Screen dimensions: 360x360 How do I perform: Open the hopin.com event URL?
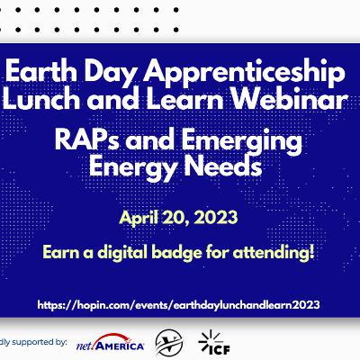pos(179,305)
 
